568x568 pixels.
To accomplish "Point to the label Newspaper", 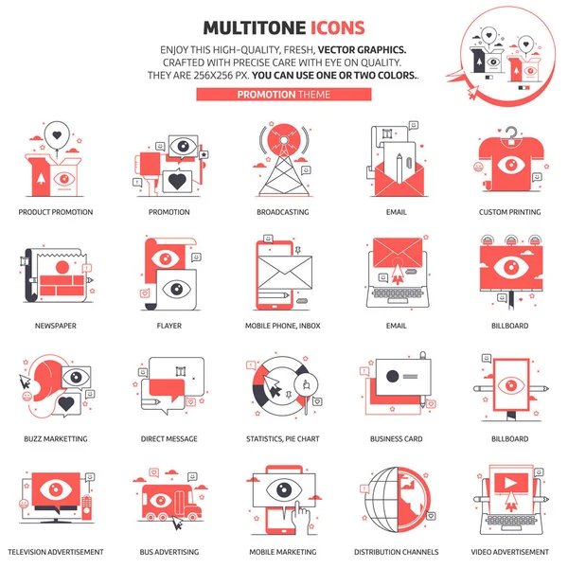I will click(x=56, y=326).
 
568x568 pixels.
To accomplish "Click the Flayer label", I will click(x=169, y=326).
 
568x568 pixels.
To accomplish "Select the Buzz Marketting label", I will click(x=56, y=439).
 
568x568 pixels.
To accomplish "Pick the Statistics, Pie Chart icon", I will click(x=282, y=388).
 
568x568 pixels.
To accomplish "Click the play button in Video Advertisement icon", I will click(x=509, y=481).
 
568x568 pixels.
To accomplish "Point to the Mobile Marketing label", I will click(x=282, y=552).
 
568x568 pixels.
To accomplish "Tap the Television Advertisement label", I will click(x=56, y=552).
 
